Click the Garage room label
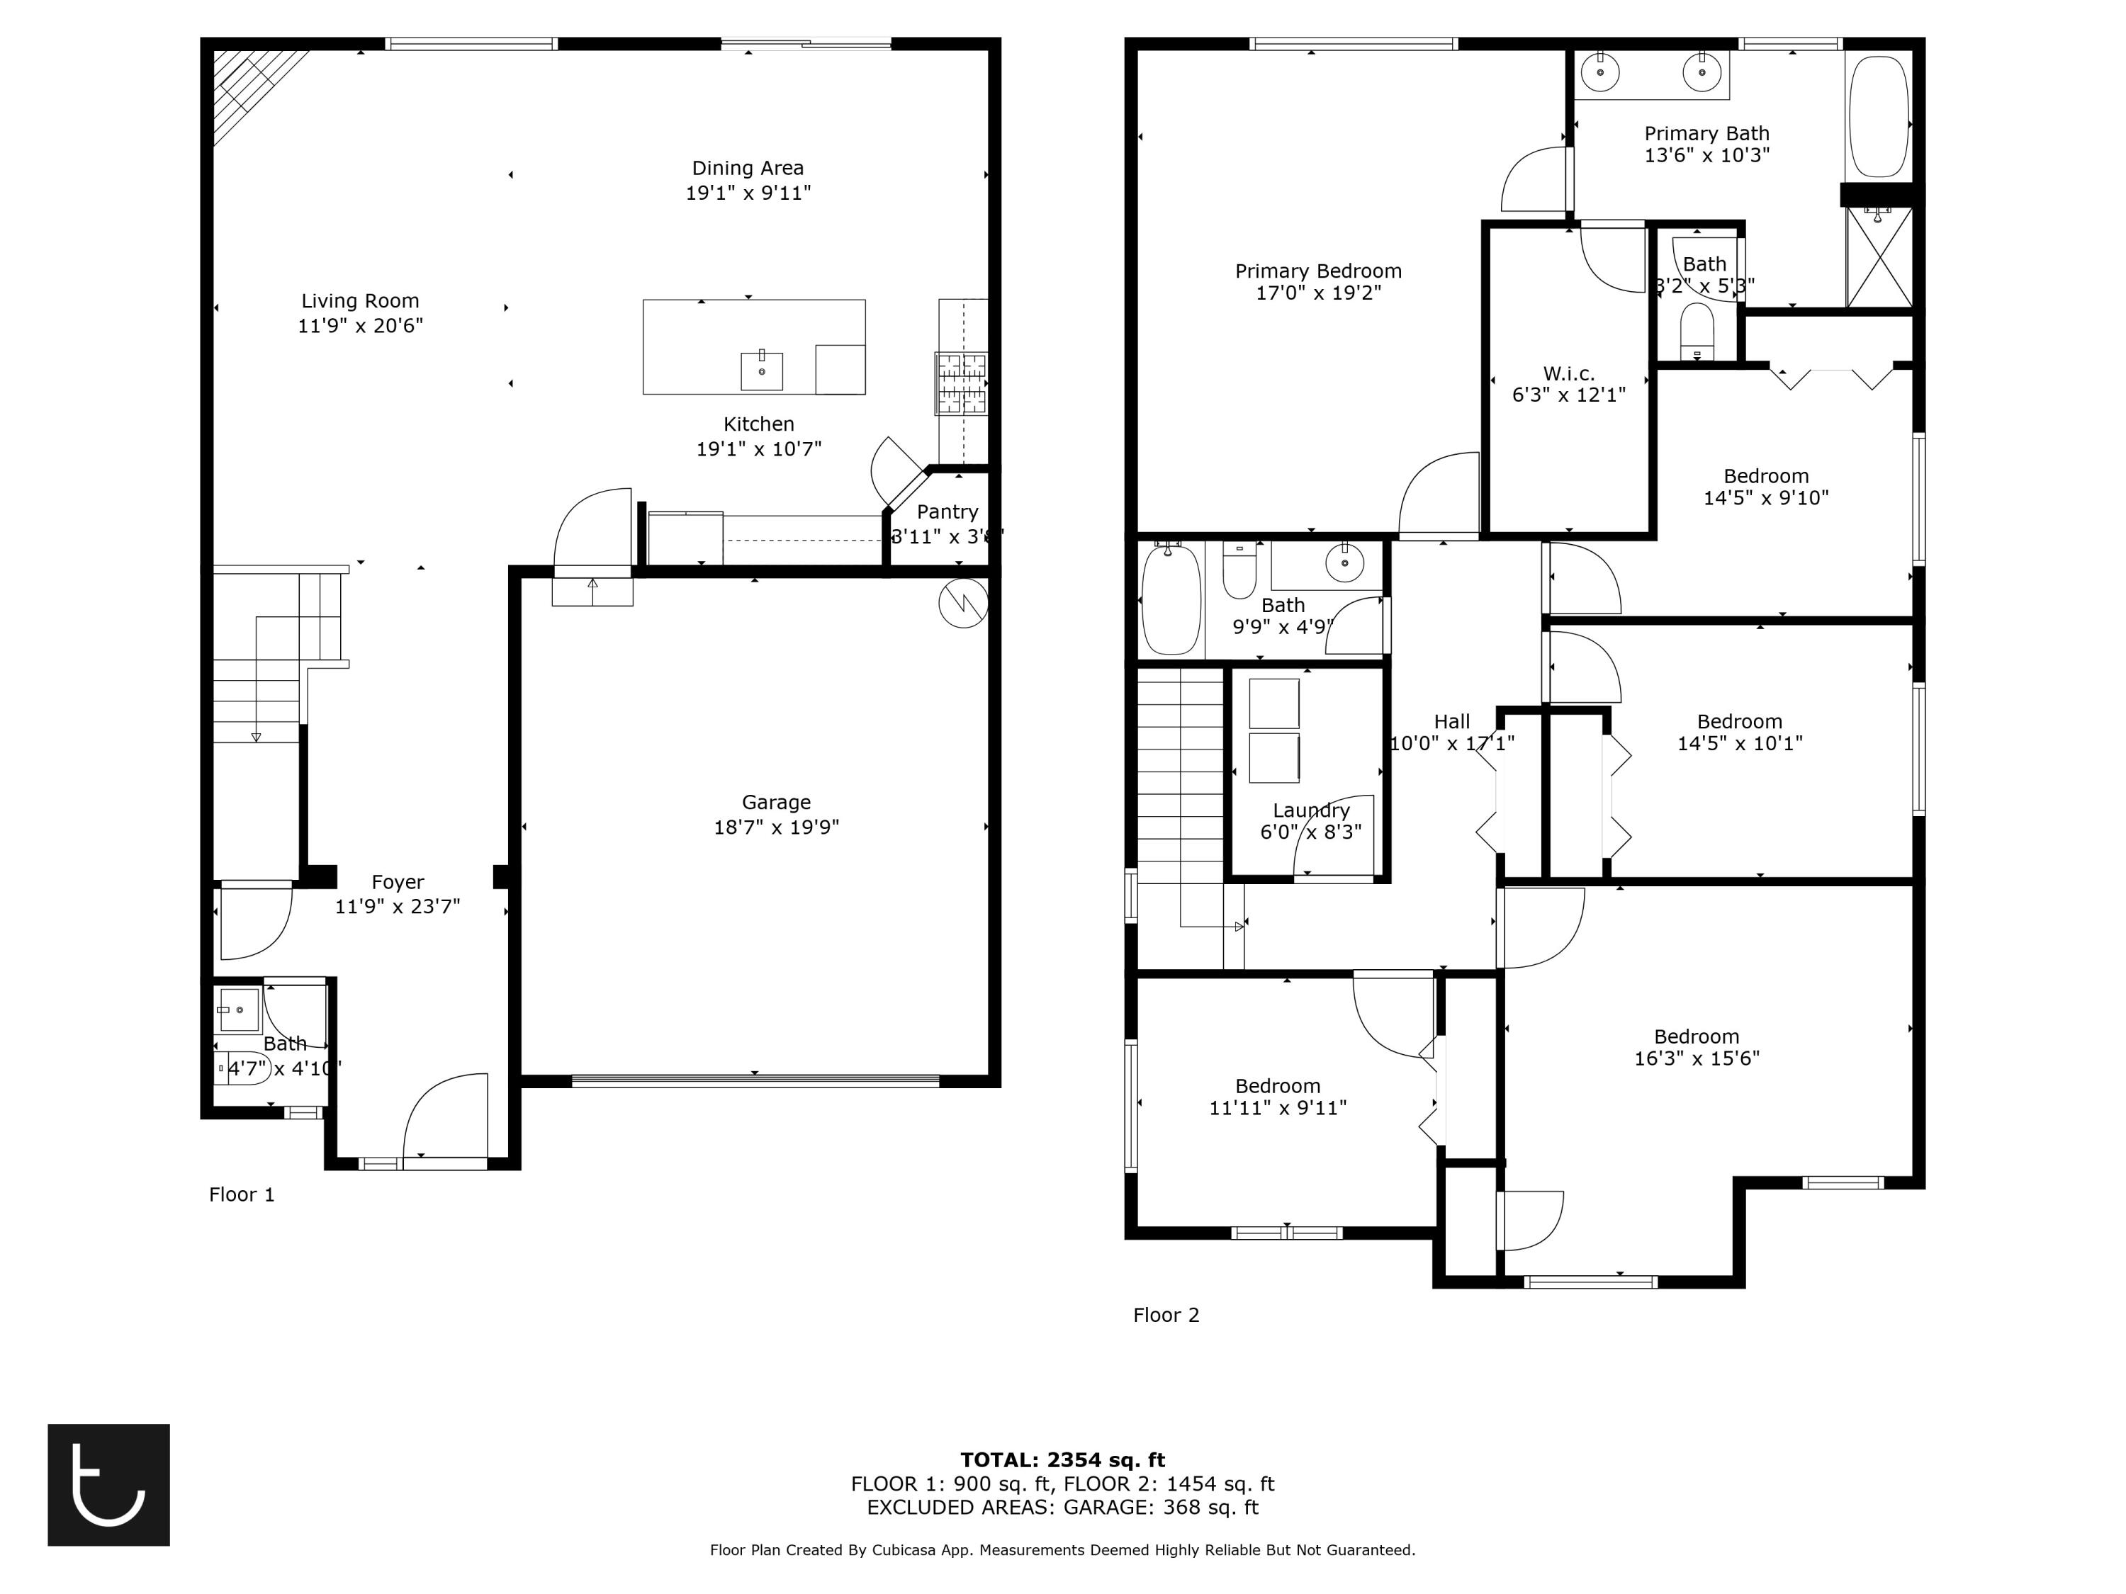(775, 802)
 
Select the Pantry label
(947, 512)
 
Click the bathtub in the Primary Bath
(1878, 116)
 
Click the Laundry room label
(1311, 810)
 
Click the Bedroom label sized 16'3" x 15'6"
(1697, 1036)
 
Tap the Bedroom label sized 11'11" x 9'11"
(1277, 1086)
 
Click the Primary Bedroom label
(1317, 271)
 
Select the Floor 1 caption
(241, 1194)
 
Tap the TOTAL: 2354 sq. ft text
(1062, 1460)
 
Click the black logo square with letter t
(108, 1484)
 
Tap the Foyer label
(397, 882)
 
